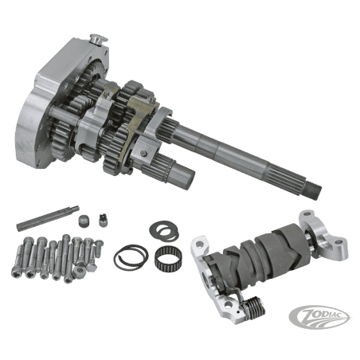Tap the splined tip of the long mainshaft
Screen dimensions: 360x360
tap(314, 190)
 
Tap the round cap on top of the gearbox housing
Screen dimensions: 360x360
tap(97, 40)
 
